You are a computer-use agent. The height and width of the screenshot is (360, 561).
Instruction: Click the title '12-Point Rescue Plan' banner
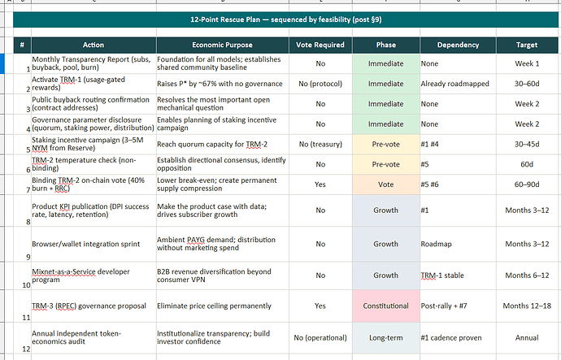point(285,20)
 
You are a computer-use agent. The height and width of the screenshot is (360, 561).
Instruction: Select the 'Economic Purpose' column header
point(222,45)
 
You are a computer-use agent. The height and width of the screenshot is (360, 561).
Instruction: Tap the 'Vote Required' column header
point(320,45)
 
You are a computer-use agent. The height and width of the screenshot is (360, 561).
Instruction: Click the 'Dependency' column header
point(458,45)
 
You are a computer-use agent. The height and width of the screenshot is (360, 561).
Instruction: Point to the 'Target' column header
point(527,45)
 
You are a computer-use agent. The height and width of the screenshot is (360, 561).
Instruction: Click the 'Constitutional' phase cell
point(385,306)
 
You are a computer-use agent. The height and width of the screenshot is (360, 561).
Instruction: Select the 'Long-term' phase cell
point(385,338)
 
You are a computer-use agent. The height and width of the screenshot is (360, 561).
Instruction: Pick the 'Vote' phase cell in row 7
point(385,184)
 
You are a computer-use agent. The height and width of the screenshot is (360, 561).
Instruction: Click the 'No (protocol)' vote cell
point(320,84)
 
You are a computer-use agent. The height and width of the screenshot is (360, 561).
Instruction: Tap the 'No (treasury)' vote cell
point(320,144)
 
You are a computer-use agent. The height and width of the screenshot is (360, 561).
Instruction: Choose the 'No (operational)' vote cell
point(320,338)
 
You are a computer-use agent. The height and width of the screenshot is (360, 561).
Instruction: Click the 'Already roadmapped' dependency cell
point(454,84)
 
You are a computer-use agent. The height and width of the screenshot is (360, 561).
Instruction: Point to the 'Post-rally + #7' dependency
point(444,306)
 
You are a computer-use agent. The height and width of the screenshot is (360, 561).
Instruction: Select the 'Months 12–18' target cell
point(527,306)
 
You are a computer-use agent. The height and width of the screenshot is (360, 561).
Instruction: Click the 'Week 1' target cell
point(527,63)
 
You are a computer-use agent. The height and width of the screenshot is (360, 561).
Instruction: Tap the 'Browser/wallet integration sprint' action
point(86,244)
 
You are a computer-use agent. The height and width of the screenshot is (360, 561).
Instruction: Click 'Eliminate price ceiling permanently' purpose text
point(214,306)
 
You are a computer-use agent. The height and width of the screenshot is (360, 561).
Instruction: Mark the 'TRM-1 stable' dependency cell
point(442,275)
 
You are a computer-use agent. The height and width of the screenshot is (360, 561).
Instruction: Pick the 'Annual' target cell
point(527,338)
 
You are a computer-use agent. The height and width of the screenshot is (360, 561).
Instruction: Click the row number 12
point(26,349)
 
